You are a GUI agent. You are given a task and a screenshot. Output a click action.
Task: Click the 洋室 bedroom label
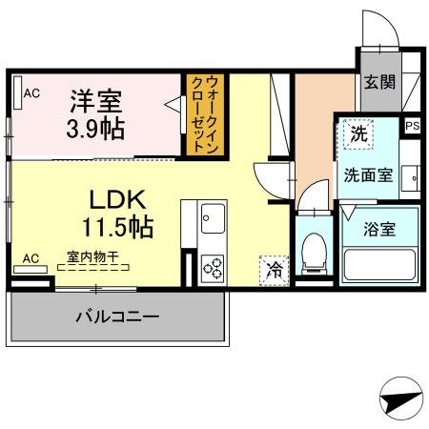(94, 98)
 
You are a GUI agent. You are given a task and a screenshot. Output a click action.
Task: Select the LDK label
(116, 200)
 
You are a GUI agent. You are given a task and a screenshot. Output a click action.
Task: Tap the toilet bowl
(310, 251)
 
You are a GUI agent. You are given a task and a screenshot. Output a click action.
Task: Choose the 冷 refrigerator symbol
(274, 269)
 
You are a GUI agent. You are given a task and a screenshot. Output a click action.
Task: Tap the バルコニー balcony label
(117, 316)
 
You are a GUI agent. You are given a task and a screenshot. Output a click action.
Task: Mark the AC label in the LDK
(31, 257)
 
